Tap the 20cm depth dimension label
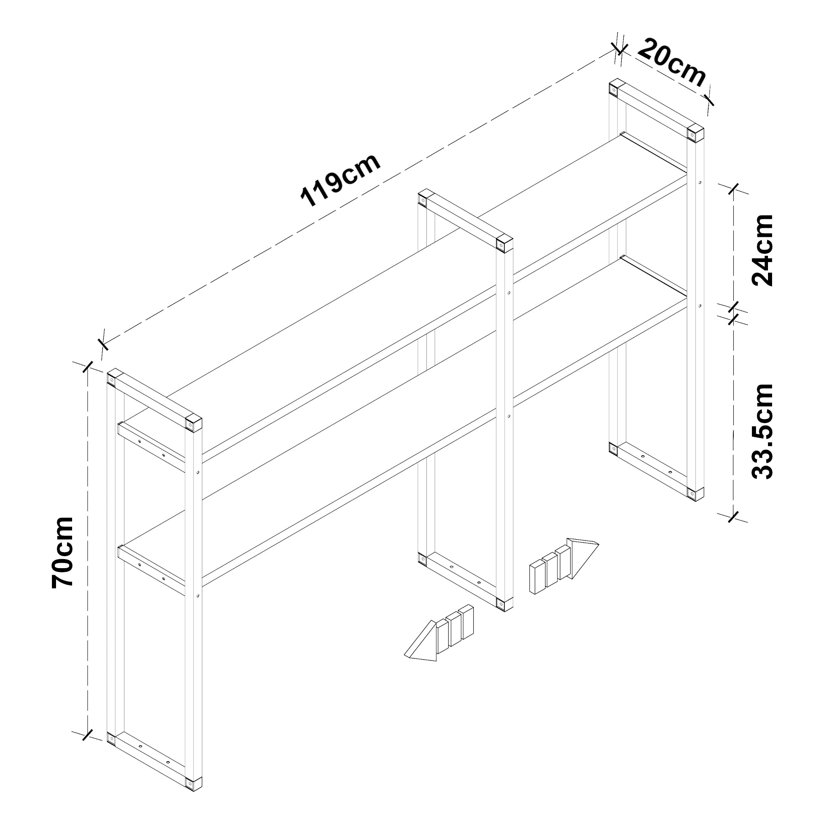pos(672,62)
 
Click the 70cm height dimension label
pos(62,553)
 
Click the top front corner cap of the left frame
pos(194,424)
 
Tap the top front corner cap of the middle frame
pos(505,244)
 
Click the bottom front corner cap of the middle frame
pos(505,604)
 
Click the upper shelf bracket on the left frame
pos(151,447)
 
